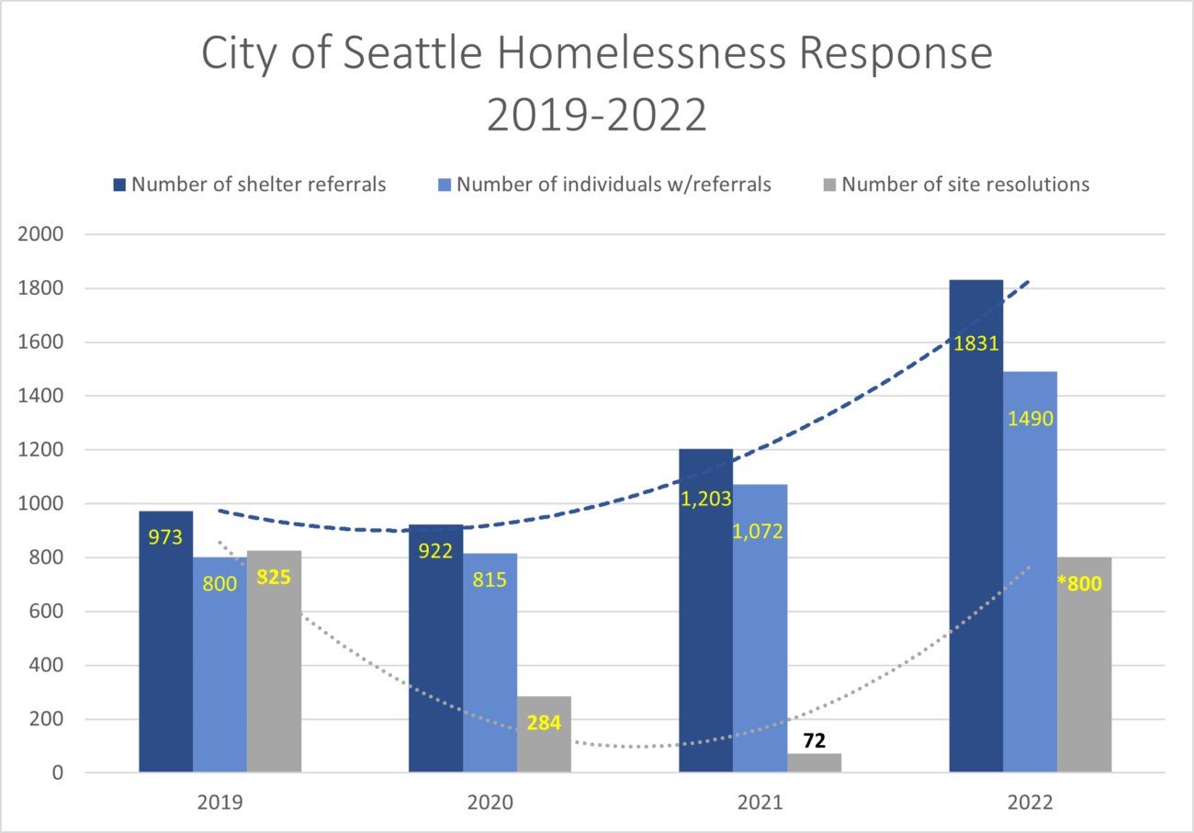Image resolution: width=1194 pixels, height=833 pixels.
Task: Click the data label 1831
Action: tap(975, 344)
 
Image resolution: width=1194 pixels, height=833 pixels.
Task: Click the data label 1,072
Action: tap(759, 531)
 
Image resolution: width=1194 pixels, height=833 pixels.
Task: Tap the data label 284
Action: tap(544, 723)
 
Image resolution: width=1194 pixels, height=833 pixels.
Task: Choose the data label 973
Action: tap(165, 536)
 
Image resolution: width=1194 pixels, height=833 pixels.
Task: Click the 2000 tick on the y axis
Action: tap(40, 234)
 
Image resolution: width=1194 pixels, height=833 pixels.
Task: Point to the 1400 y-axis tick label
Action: tap(40, 396)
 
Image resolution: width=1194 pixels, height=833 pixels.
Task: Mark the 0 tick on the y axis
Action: tap(57, 773)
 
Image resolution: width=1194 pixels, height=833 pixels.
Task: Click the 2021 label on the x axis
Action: tap(760, 802)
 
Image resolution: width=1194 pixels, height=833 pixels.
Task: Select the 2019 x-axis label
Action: tap(220, 802)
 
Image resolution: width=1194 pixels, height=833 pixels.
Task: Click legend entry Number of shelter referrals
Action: tap(258, 184)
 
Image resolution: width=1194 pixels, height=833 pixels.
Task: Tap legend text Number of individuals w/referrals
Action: tap(614, 184)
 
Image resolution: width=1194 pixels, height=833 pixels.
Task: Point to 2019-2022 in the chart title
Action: tap(596, 116)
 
